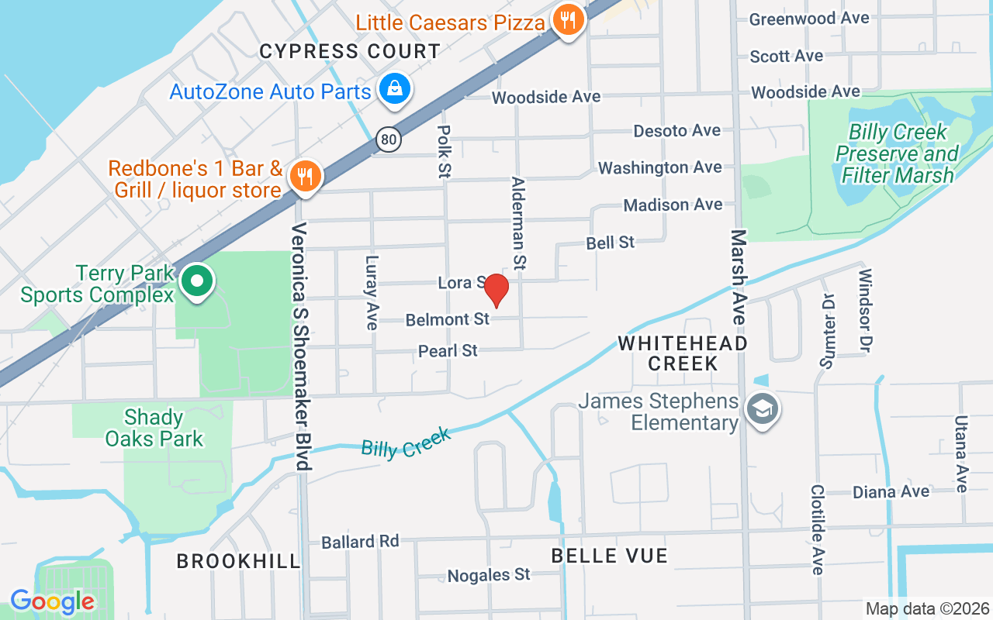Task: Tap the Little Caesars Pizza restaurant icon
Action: point(569,21)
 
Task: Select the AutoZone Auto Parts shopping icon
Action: point(395,89)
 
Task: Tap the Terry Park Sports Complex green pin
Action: point(198,281)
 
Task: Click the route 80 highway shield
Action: point(389,139)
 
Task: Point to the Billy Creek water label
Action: point(406,443)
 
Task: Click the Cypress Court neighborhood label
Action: point(350,52)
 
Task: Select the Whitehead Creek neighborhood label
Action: point(683,353)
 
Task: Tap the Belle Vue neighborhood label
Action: point(609,556)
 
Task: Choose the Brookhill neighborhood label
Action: point(238,561)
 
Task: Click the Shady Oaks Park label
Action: point(154,429)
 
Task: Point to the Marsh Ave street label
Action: point(738,277)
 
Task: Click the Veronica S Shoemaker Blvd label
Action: point(302,346)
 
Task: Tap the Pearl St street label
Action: point(448,351)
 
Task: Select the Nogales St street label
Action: point(489,575)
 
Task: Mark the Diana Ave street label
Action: point(891,492)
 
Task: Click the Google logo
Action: point(53,601)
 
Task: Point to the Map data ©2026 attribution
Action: point(928,608)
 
